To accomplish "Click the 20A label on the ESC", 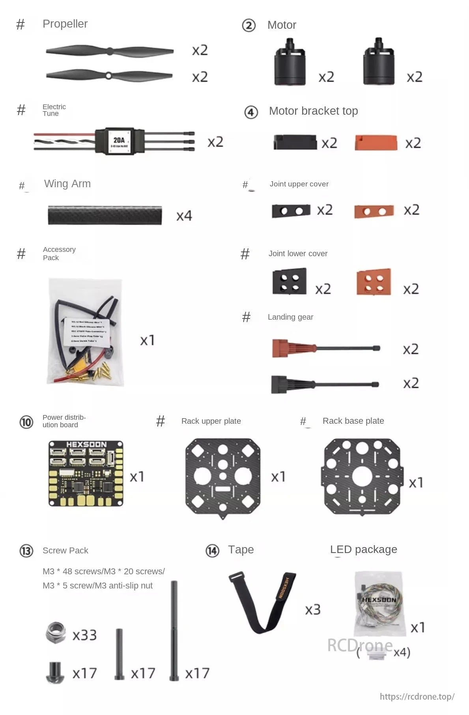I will tap(119, 140).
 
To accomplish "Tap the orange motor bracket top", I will tap(376, 143).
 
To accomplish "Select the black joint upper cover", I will tap(291, 211).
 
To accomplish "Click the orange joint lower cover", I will tap(374, 282).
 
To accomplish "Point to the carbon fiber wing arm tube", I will tap(105, 215).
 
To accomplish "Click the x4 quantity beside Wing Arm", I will tap(184, 216).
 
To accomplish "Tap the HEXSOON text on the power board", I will tap(86, 445).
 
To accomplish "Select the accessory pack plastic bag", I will tap(86, 332).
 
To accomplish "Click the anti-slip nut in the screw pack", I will tap(55, 633).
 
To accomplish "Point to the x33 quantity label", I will tap(84, 635).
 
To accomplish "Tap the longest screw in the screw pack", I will tap(174, 631).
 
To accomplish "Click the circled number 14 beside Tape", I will tap(212, 551).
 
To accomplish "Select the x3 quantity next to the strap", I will tap(312, 610).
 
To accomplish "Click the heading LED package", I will tap(363, 549).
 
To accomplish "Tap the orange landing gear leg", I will tap(325, 348).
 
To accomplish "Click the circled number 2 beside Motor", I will tap(249, 26).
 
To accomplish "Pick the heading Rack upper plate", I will tap(211, 421).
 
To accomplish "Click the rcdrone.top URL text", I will tap(417, 696).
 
